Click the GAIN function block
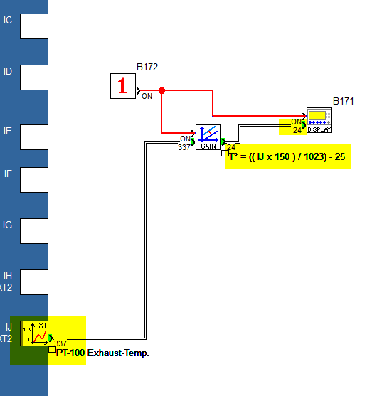pyautogui.click(x=208, y=137)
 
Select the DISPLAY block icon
pyautogui.click(x=319, y=120)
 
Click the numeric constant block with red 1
pyautogui.click(x=123, y=86)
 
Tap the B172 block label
pyautogui.click(x=147, y=67)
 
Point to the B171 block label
pyautogui.click(x=343, y=101)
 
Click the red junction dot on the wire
pyautogui.click(x=161, y=90)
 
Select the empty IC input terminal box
pyautogui.click(x=34, y=26)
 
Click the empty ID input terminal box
pyautogui.click(x=34, y=77)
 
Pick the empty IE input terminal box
pyautogui.click(x=34, y=137)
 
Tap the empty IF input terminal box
pyautogui.click(x=34, y=180)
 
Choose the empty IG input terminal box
pyautogui.click(x=34, y=231)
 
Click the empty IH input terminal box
pyautogui.click(x=34, y=282)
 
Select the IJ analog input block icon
pyautogui.click(x=34, y=333)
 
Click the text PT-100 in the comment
pyautogui.click(x=70, y=353)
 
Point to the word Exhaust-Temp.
pyautogui.click(x=118, y=353)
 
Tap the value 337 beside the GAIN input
pyautogui.click(x=184, y=147)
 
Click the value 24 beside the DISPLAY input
pyautogui.click(x=297, y=130)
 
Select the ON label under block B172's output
pyautogui.click(x=147, y=96)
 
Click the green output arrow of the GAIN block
pyautogui.click(x=223, y=141)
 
